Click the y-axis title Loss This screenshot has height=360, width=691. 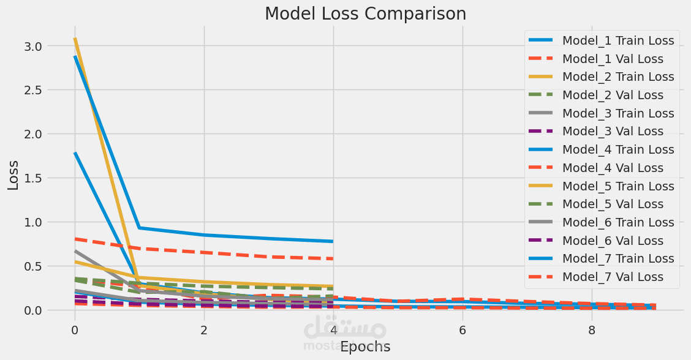pos(13,174)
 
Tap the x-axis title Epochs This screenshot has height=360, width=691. pos(365,347)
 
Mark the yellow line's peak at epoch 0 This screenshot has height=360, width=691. pos(75,38)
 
